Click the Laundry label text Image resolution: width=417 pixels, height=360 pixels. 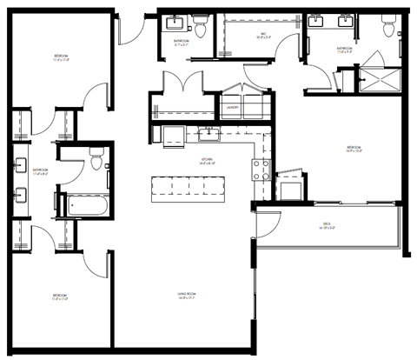click(x=232, y=108)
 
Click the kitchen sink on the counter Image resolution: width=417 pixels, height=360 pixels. click(x=208, y=134)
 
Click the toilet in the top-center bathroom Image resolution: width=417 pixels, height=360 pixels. click(x=201, y=30)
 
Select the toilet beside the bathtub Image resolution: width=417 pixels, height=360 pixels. click(x=96, y=158)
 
